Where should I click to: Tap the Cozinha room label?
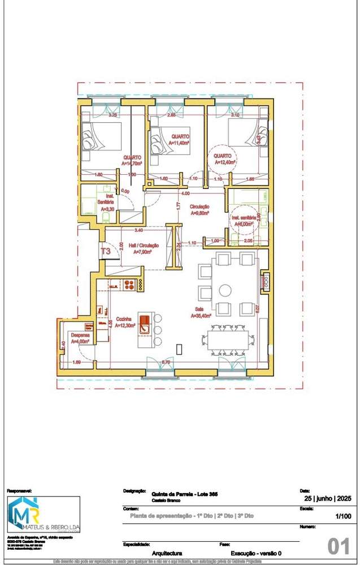click(123, 322)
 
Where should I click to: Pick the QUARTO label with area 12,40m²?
click(223, 159)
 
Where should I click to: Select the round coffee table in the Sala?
click(225, 290)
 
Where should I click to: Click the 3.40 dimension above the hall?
click(138, 230)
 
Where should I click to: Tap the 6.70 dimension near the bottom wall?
click(166, 361)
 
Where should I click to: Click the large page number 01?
click(339, 546)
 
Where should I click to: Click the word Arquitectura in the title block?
click(167, 553)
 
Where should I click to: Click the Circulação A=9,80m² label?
click(200, 210)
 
